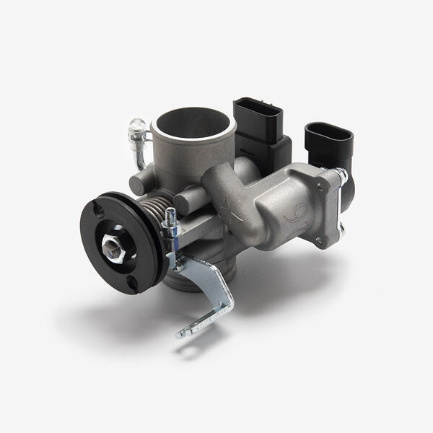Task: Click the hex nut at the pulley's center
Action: (x=115, y=247)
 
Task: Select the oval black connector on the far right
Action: (x=328, y=141)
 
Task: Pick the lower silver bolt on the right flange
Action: (x=341, y=231)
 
